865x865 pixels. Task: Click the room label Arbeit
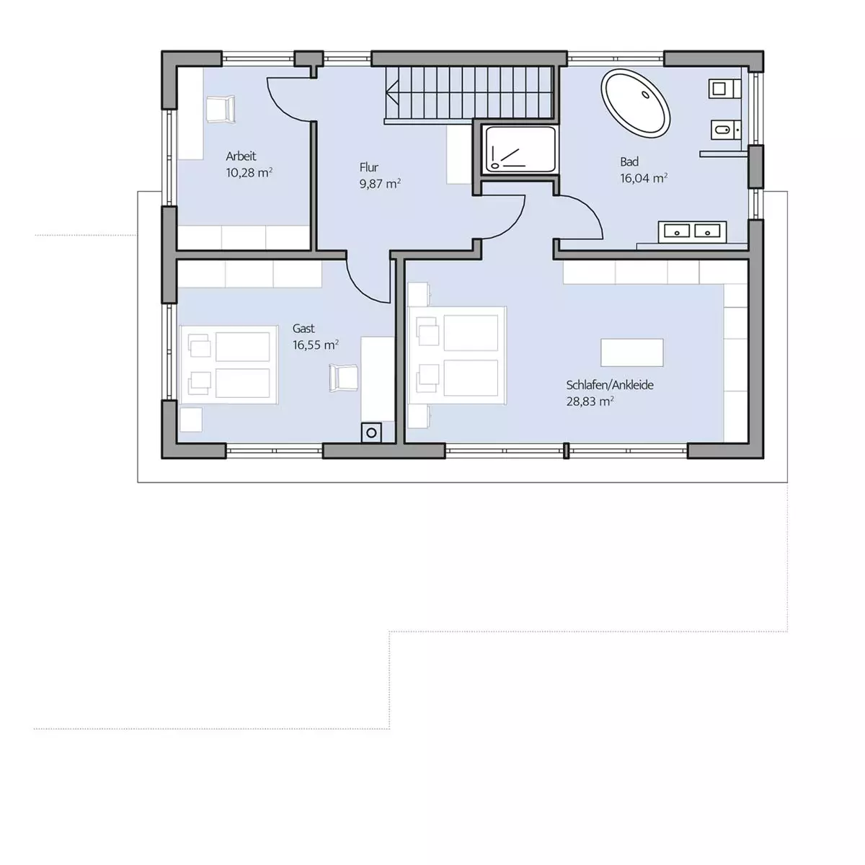[241, 156]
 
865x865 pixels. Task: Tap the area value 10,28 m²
[249, 173]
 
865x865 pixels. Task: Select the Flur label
[368, 167]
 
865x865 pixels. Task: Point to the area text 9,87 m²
[380, 184]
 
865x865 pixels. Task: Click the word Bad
[629, 161]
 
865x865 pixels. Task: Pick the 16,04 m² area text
[644, 178]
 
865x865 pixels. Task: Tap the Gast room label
[303, 329]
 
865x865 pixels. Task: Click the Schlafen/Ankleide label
[610, 385]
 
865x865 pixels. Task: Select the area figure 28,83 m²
[590, 402]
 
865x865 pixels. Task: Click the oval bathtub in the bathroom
[635, 103]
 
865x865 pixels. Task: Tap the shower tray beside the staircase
[520, 149]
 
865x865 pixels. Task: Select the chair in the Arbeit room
[221, 109]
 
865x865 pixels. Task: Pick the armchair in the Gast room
[344, 378]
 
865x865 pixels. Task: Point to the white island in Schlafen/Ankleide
[632, 352]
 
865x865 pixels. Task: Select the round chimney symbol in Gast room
[371, 433]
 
